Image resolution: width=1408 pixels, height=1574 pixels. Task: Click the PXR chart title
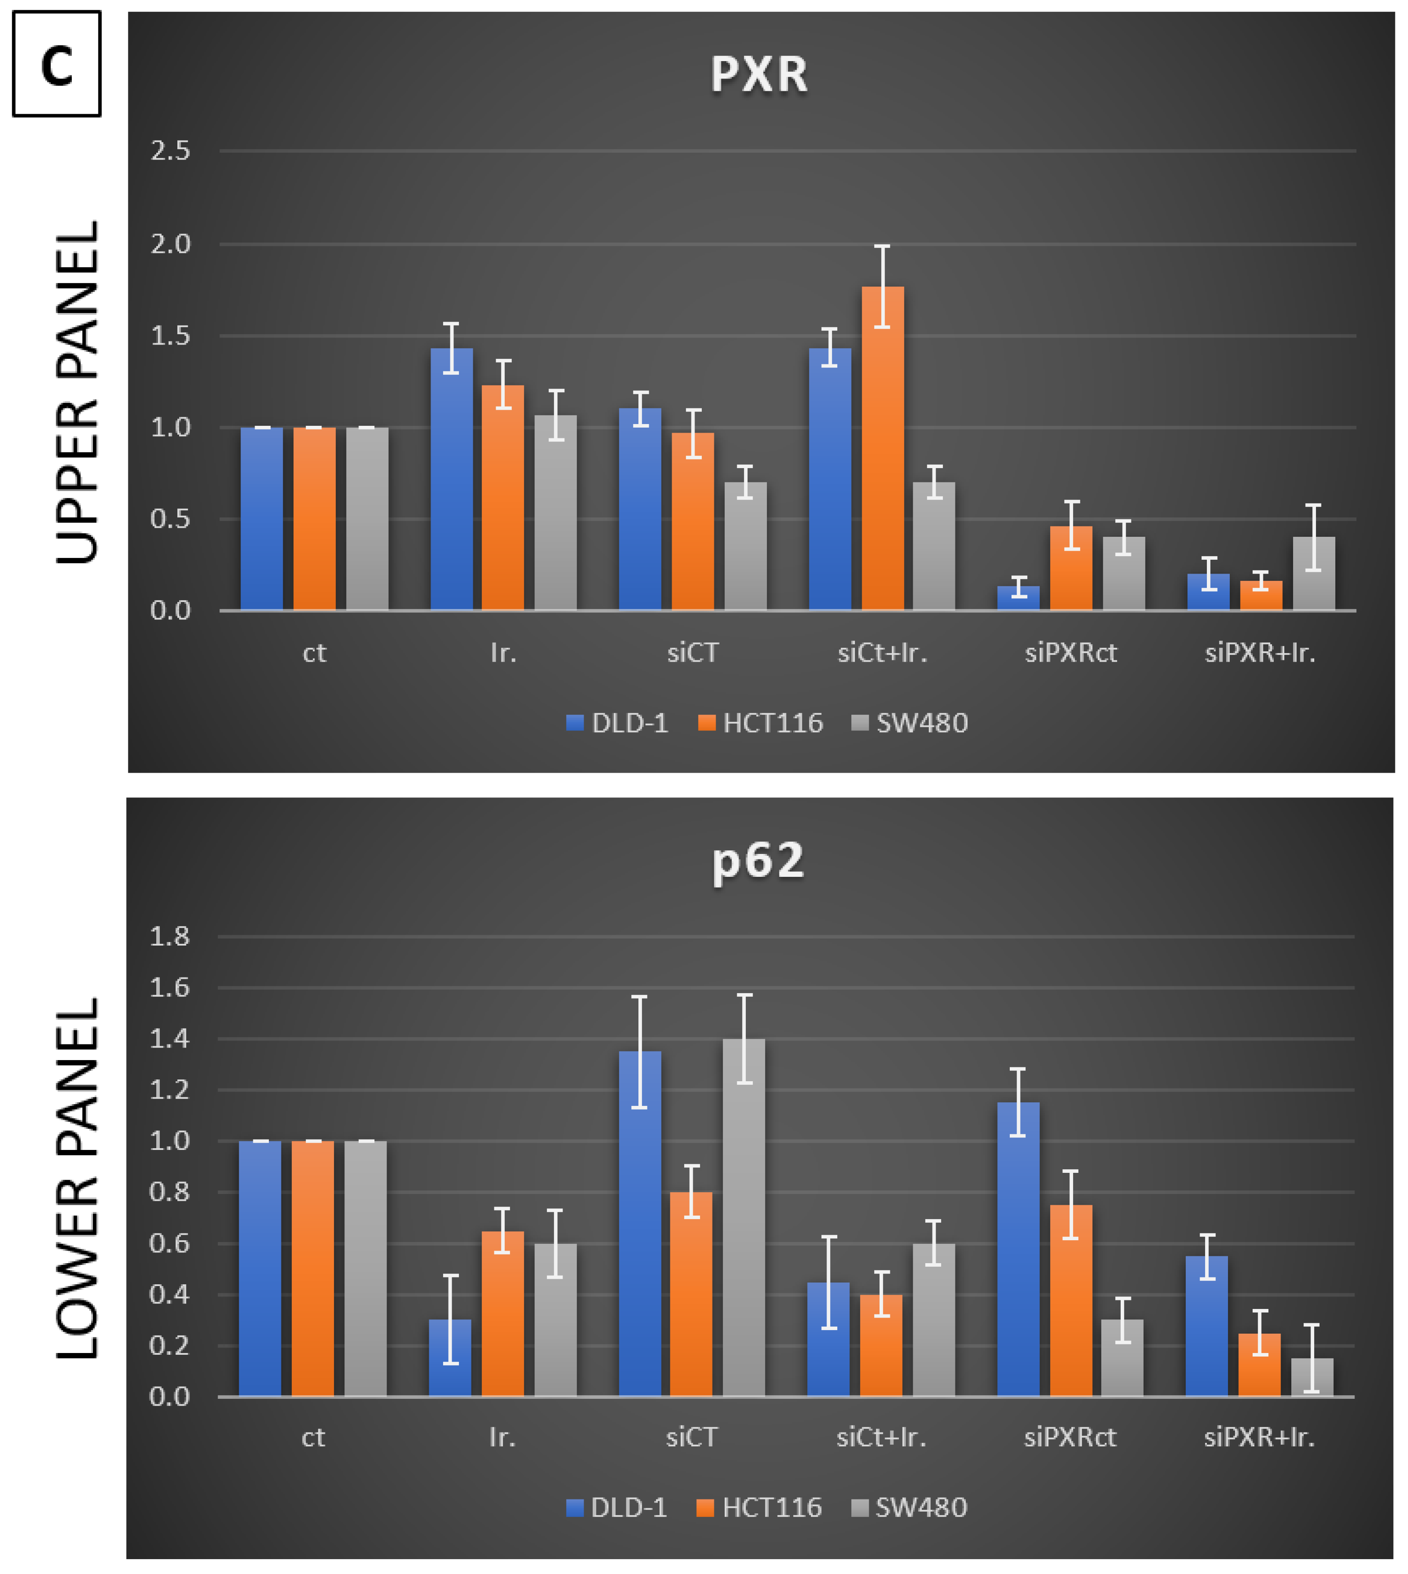point(759,75)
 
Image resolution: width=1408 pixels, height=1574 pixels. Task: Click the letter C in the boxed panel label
point(57,65)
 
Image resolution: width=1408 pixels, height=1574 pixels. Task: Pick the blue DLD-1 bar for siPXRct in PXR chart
point(1018,598)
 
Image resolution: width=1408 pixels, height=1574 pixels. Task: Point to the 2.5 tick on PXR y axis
point(170,151)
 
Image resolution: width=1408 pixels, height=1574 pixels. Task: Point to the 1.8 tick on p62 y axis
point(169,937)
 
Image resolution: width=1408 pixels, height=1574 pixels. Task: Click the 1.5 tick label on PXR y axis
point(170,336)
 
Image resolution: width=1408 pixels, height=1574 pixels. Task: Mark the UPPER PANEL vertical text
point(77,392)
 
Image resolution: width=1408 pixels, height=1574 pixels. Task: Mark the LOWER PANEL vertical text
point(77,1179)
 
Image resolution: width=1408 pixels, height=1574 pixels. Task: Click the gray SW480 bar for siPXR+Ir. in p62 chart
point(1311,1377)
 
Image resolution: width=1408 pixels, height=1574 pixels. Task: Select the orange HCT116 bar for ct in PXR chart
point(314,518)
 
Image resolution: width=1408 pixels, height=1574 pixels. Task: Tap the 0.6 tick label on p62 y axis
point(169,1243)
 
